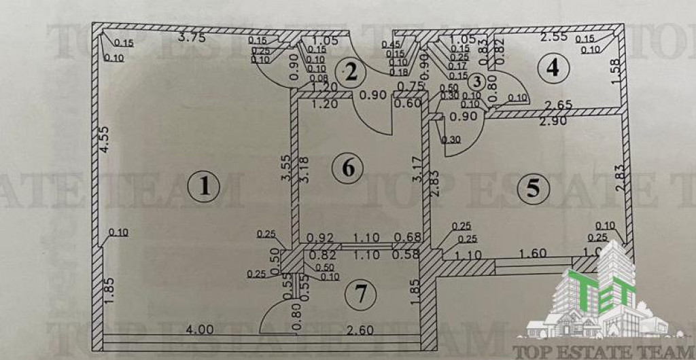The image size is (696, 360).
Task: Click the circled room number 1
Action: click(x=202, y=186)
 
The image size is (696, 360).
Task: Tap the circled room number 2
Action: click(x=350, y=71)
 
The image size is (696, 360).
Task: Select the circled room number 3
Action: click(x=478, y=82)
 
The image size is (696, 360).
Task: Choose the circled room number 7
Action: click(x=360, y=294)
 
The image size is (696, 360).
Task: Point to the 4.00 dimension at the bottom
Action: click(x=201, y=329)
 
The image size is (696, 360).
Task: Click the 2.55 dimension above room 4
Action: click(x=553, y=38)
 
